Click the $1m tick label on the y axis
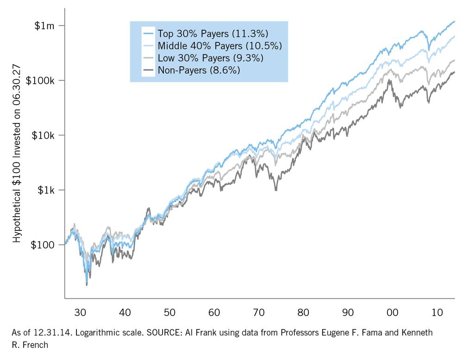44,26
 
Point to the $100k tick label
41,81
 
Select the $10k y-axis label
44,135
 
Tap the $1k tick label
46,190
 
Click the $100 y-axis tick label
43,245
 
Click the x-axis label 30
80,313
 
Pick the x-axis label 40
125,313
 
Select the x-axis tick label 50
169,313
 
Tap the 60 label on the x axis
214,313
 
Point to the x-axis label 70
258,313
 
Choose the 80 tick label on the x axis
303,313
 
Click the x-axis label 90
348,313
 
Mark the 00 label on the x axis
392,313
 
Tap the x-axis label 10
437,313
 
